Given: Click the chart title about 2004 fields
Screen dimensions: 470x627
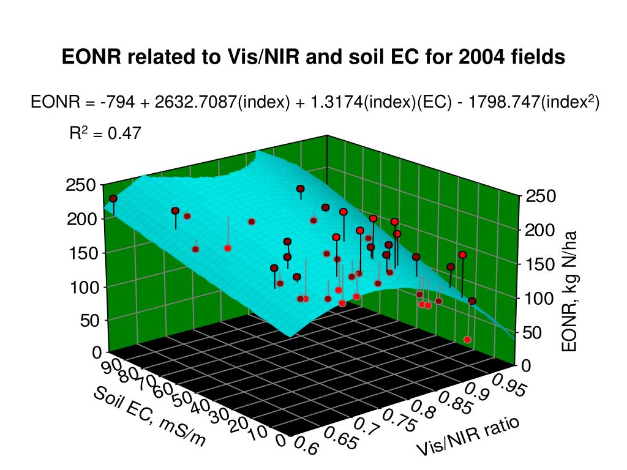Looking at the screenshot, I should point(313,57).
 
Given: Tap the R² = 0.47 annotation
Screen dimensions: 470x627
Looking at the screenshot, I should point(105,133).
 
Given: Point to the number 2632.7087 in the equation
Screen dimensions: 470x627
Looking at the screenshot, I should point(195,102).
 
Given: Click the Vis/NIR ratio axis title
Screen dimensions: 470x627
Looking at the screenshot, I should point(468,436).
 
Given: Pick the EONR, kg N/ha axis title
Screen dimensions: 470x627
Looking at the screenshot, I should point(569,291).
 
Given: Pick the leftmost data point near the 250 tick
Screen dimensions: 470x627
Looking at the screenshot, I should point(113,199).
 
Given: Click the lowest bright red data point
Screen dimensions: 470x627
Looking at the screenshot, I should point(467,339).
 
